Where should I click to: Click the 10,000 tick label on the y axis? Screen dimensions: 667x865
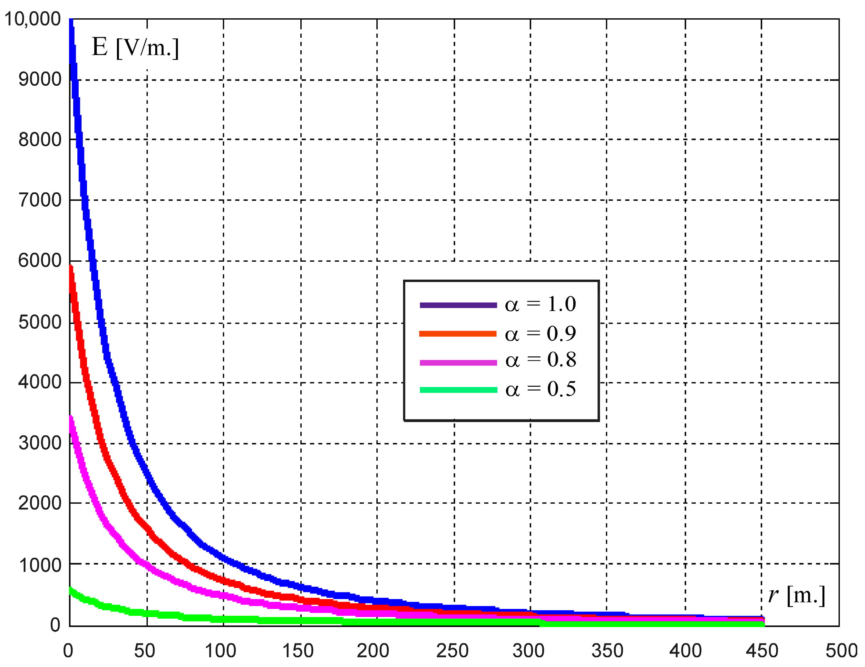point(33,19)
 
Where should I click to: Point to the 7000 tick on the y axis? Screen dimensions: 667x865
point(40,200)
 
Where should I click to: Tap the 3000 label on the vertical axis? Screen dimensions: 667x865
point(40,442)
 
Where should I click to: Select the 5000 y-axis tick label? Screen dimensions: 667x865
point(40,322)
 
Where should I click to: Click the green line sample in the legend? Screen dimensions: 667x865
point(458,390)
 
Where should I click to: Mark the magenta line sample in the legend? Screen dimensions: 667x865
point(458,363)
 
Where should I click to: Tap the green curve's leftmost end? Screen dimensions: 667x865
point(71,591)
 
